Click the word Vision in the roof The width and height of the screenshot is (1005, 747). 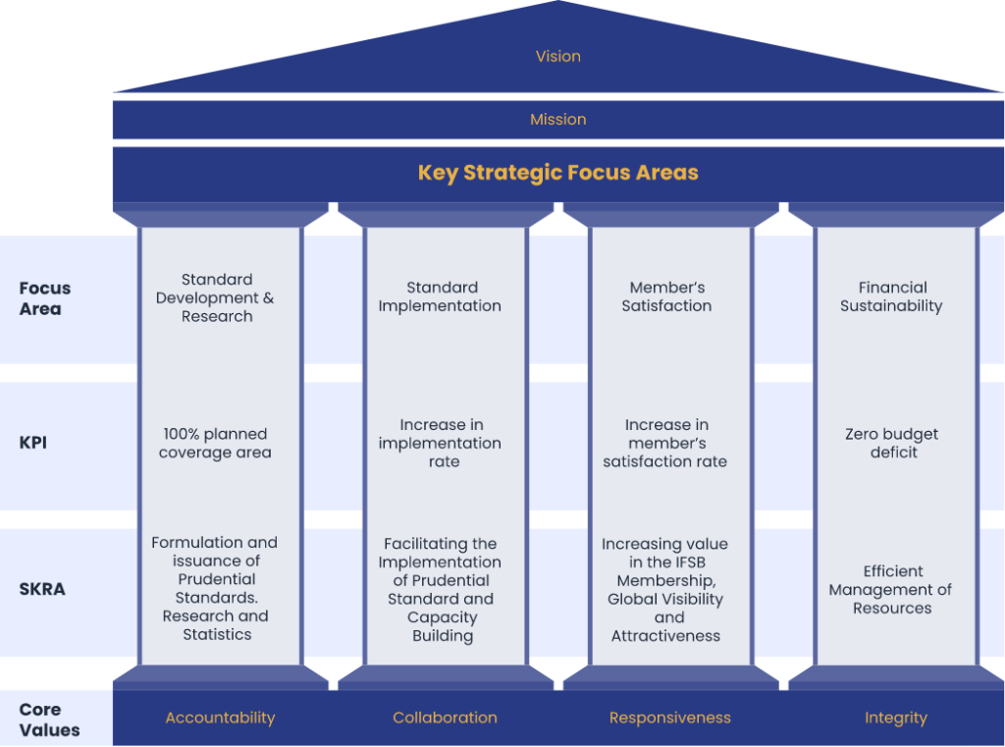click(x=557, y=56)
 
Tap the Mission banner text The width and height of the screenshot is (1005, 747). click(x=557, y=119)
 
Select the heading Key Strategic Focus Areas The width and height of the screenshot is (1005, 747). click(x=557, y=173)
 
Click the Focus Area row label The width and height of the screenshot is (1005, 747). click(x=45, y=298)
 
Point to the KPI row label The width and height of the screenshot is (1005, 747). click(x=32, y=443)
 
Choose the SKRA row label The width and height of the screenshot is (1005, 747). click(x=42, y=589)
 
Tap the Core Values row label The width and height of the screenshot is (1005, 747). click(x=49, y=720)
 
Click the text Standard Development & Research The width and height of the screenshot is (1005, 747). click(x=215, y=297)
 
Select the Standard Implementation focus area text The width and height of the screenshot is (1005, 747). click(x=441, y=296)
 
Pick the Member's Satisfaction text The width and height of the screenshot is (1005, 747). click(x=666, y=296)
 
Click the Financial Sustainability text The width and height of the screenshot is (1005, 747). click(x=891, y=296)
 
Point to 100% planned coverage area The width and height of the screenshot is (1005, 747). click(x=215, y=443)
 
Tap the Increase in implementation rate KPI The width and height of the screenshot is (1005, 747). click(x=441, y=443)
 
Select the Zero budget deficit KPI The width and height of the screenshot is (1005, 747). click(x=891, y=443)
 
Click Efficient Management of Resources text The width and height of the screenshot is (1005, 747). click(x=891, y=589)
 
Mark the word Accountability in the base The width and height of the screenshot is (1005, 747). click(x=220, y=719)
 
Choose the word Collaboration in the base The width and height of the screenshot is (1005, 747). click(x=445, y=718)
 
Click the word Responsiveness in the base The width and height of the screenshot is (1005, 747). click(x=669, y=719)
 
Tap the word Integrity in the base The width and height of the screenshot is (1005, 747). click(x=895, y=719)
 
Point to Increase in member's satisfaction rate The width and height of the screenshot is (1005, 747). click(x=665, y=443)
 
